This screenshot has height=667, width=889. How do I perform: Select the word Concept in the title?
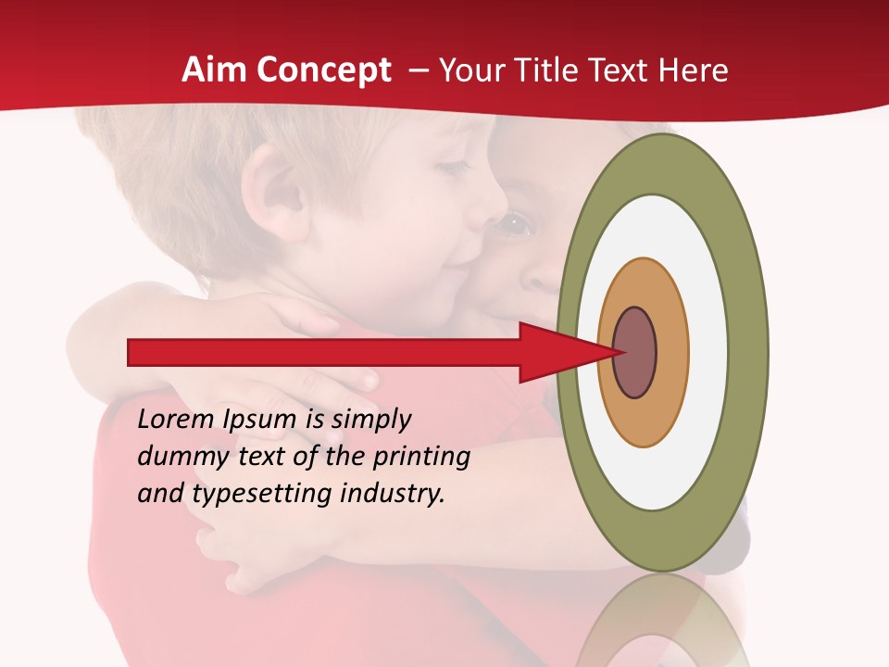pos(324,70)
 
